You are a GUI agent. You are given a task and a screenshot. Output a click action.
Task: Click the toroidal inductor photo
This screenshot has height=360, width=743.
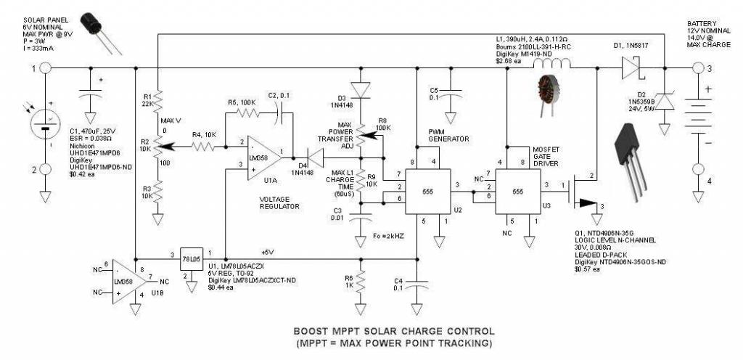pos(546,94)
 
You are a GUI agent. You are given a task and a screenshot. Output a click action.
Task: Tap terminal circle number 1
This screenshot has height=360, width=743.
pos(45,68)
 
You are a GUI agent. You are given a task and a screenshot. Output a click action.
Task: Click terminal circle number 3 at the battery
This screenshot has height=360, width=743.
pos(699,68)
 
